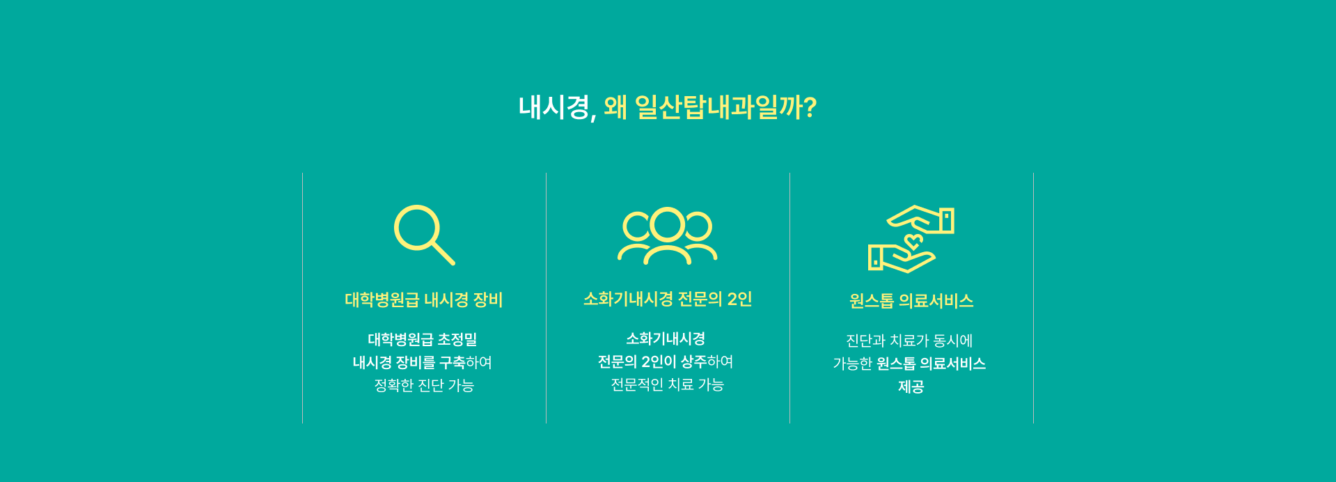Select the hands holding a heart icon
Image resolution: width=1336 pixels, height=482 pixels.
911,238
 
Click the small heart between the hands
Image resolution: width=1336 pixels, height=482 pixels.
913,242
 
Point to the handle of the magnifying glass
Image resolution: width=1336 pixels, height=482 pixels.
443,253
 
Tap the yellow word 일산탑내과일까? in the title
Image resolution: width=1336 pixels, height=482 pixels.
725,108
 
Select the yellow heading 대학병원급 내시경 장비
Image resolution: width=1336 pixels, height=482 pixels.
424,300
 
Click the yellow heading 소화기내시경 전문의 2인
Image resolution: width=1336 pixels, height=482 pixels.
668,300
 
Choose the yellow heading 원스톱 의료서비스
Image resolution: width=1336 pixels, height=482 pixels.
911,301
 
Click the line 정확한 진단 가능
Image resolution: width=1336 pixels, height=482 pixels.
424,385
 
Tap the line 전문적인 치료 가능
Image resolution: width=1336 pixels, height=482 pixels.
668,384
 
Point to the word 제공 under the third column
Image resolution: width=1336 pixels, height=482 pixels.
911,387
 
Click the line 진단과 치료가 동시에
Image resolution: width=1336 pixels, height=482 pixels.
909,341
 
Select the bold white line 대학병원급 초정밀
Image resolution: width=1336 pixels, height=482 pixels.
423,339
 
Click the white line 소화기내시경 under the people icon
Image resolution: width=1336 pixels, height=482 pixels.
666,339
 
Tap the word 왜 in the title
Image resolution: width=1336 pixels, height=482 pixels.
615,108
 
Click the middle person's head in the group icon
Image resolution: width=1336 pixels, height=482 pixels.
667,224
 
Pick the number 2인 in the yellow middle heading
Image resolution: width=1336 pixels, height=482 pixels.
739,300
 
